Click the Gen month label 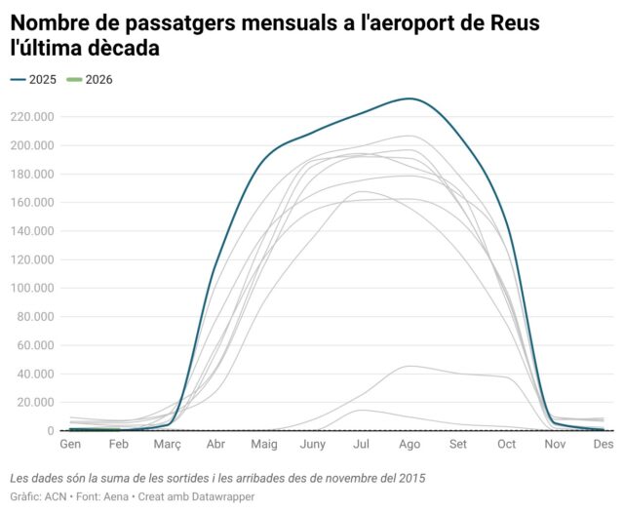(x=70, y=444)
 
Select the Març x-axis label (x=167, y=444)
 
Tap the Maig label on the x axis (x=264, y=444)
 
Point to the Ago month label (x=409, y=444)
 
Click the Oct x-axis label (x=506, y=444)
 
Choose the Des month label (x=604, y=444)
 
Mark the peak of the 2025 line (x=410, y=99)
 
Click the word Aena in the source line (x=111, y=497)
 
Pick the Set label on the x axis (x=458, y=444)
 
